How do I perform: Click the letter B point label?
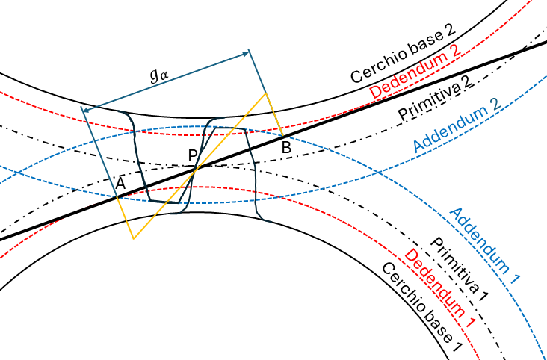(x=286, y=148)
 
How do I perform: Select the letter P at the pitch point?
(x=193, y=155)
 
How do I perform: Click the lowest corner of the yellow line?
(x=133, y=238)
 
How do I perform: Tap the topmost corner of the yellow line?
(x=265, y=94)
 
